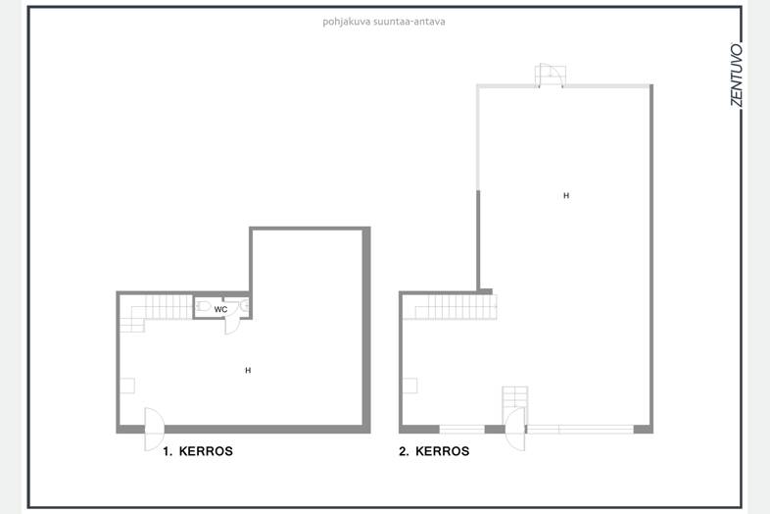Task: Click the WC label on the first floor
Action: [x=220, y=309]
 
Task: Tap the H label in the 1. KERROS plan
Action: [x=248, y=371]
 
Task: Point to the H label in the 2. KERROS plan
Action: [x=566, y=196]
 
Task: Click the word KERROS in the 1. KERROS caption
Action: [x=206, y=451]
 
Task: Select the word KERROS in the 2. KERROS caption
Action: [x=443, y=451]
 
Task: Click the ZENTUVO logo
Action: [x=736, y=75]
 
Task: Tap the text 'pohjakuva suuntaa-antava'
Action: [x=383, y=22]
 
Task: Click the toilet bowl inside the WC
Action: [x=203, y=306]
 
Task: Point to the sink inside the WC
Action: [x=244, y=306]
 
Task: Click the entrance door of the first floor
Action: [x=154, y=429]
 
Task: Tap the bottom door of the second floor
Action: [x=514, y=429]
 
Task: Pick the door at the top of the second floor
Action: [x=550, y=76]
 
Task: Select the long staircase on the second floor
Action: [x=450, y=307]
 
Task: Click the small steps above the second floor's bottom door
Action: [x=515, y=397]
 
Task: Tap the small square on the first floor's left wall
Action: [x=127, y=385]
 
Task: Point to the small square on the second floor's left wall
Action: [x=410, y=385]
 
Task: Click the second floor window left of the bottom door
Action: [x=461, y=430]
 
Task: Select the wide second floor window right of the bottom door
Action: [x=580, y=430]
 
